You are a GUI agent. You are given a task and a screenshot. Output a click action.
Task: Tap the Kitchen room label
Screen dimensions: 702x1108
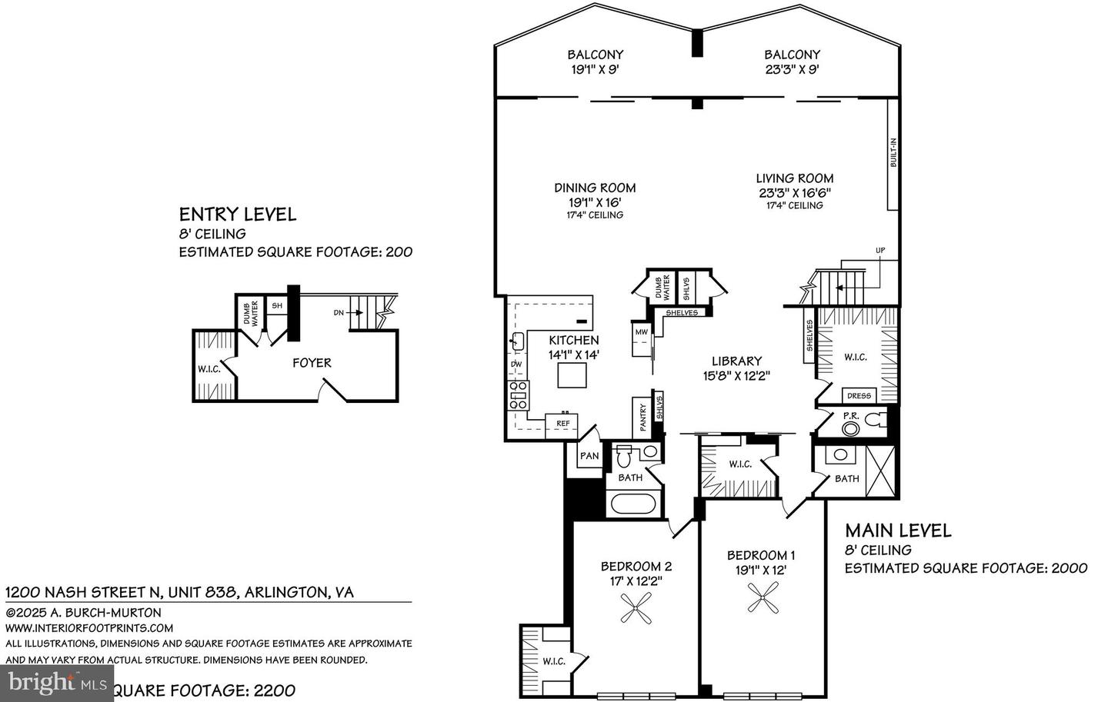(x=573, y=340)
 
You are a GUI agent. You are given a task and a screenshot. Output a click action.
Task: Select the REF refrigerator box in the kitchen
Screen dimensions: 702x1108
(x=562, y=424)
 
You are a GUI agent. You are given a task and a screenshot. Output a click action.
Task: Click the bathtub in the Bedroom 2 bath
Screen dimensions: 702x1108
(x=632, y=505)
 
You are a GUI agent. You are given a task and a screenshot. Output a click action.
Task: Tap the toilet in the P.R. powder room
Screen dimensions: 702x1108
(x=871, y=421)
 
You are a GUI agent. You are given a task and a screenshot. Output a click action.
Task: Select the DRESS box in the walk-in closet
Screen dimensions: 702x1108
(x=859, y=395)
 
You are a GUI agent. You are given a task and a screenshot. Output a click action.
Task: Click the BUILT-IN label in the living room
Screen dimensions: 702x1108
(x=893, y=154)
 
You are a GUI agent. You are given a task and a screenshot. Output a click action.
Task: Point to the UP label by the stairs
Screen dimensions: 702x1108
(x=879, y=251)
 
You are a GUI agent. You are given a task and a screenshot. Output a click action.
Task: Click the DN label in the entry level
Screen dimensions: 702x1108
(x=339, y=312)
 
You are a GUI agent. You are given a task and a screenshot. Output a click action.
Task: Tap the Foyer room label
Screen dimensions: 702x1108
(x=312, y=363)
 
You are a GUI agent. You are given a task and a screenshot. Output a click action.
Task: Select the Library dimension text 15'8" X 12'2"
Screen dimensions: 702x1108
(x=736, y=376)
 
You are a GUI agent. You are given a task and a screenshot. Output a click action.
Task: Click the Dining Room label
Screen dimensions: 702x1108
(x=595, y=187)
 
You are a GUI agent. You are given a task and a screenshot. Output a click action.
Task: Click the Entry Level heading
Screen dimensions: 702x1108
(x=237, y=215)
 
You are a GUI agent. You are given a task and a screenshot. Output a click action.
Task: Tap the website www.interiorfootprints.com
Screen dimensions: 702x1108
(x=89, y=628)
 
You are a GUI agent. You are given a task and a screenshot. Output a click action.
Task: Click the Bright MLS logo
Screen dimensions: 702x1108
(x=57, y=682)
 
